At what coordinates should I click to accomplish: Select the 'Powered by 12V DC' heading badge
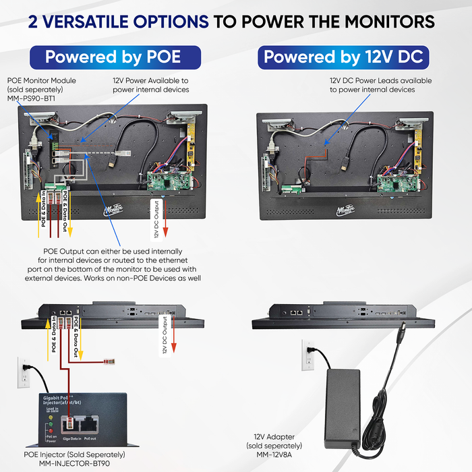pyautogui.click(x=343, y=57)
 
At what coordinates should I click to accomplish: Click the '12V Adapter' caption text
pyautogui.click(x=274, y=437)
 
